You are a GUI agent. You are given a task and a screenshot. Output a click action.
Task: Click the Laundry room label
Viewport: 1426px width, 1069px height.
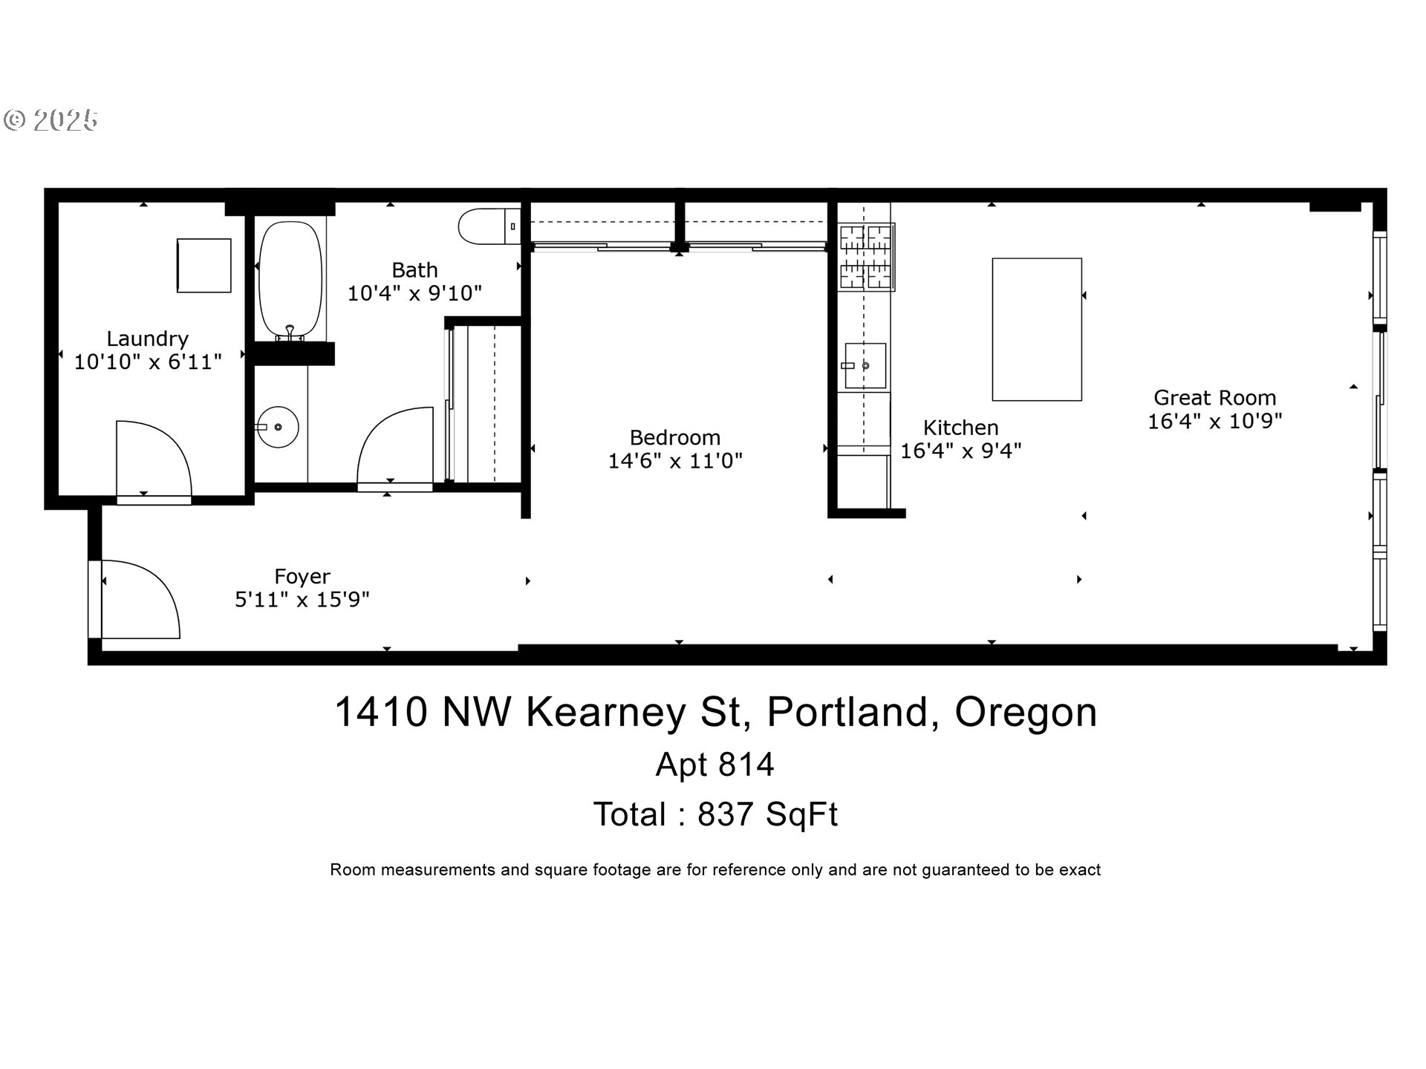pyautogui.click(x=147, y=339)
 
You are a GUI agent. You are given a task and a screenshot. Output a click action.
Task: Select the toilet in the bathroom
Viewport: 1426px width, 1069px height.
pyautogui.click(x=489, y=226)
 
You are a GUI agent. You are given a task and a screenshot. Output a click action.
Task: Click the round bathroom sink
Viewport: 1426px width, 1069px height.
pyautogui.click(x=278, y=427)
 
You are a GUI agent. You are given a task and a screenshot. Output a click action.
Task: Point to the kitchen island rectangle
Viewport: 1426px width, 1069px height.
pyautogui.click(x=1037, y=330)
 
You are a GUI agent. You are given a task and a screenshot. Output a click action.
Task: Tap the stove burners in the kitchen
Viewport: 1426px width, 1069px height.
pyautogui.click(x=866, y=257)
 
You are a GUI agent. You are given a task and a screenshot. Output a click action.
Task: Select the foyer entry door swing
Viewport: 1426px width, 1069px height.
pyautogui.click(x=141, y=600)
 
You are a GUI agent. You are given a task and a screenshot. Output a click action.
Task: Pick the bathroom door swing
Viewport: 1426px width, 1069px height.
pyautogui.click(x=395, y=445)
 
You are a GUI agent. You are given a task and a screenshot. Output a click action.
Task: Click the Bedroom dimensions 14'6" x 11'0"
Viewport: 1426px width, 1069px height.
pyautogui.click(x=675, y=461)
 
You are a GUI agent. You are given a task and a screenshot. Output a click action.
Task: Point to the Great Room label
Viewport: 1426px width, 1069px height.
pyautogui.click(x=1214, y=398)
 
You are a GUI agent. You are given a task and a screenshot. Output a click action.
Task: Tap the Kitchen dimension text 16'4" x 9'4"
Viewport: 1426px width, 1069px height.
pyautogui.click(x=961, y=451)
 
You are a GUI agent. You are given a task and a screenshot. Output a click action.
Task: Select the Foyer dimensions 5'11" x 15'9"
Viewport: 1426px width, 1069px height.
pyautogui.click(x=302, y=599)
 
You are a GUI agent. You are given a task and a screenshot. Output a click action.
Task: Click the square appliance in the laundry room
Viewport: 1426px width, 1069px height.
pyautogui.click(x=204, y=265)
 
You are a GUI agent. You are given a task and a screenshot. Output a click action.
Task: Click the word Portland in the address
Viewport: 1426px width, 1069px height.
pyautogui.click(x=847, y=712)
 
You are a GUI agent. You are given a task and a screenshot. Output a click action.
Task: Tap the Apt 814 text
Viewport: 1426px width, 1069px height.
pyautogui.click(x=714, y=765)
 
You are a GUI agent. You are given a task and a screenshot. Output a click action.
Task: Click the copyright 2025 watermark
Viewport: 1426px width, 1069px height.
pyautogui.click(x=51, y=120)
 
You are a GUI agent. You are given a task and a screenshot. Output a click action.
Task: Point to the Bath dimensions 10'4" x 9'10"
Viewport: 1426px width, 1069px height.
pyautogui.click(x=415, y=293)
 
